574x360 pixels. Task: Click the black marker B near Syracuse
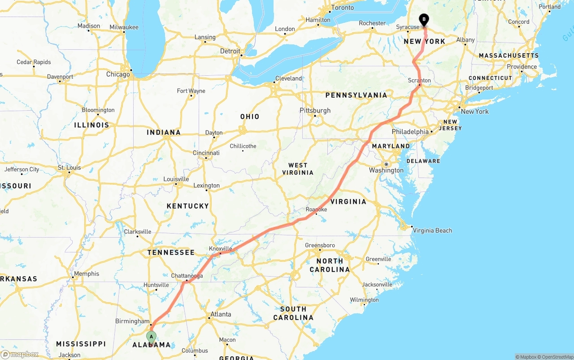(424, 20)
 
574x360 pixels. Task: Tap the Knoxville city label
(221, 249)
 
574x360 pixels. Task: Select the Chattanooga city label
(187, 276)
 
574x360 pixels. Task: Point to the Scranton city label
(419, 81)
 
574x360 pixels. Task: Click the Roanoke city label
(316, 209)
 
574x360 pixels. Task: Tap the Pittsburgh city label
(315, 110)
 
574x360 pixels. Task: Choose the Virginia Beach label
(432, 230)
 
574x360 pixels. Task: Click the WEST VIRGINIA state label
(298, 169)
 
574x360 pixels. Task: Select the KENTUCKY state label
(188, 206)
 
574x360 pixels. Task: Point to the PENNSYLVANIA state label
(356, 95)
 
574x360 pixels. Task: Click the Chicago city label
(118, 74)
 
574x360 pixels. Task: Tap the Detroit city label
(230, 51)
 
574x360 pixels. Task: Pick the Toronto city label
(342, 8)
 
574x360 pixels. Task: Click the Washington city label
(386, 170)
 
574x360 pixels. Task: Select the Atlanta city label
(221, 314)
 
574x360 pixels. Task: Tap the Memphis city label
(87, 273)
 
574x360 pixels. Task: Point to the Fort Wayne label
(191, 91)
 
